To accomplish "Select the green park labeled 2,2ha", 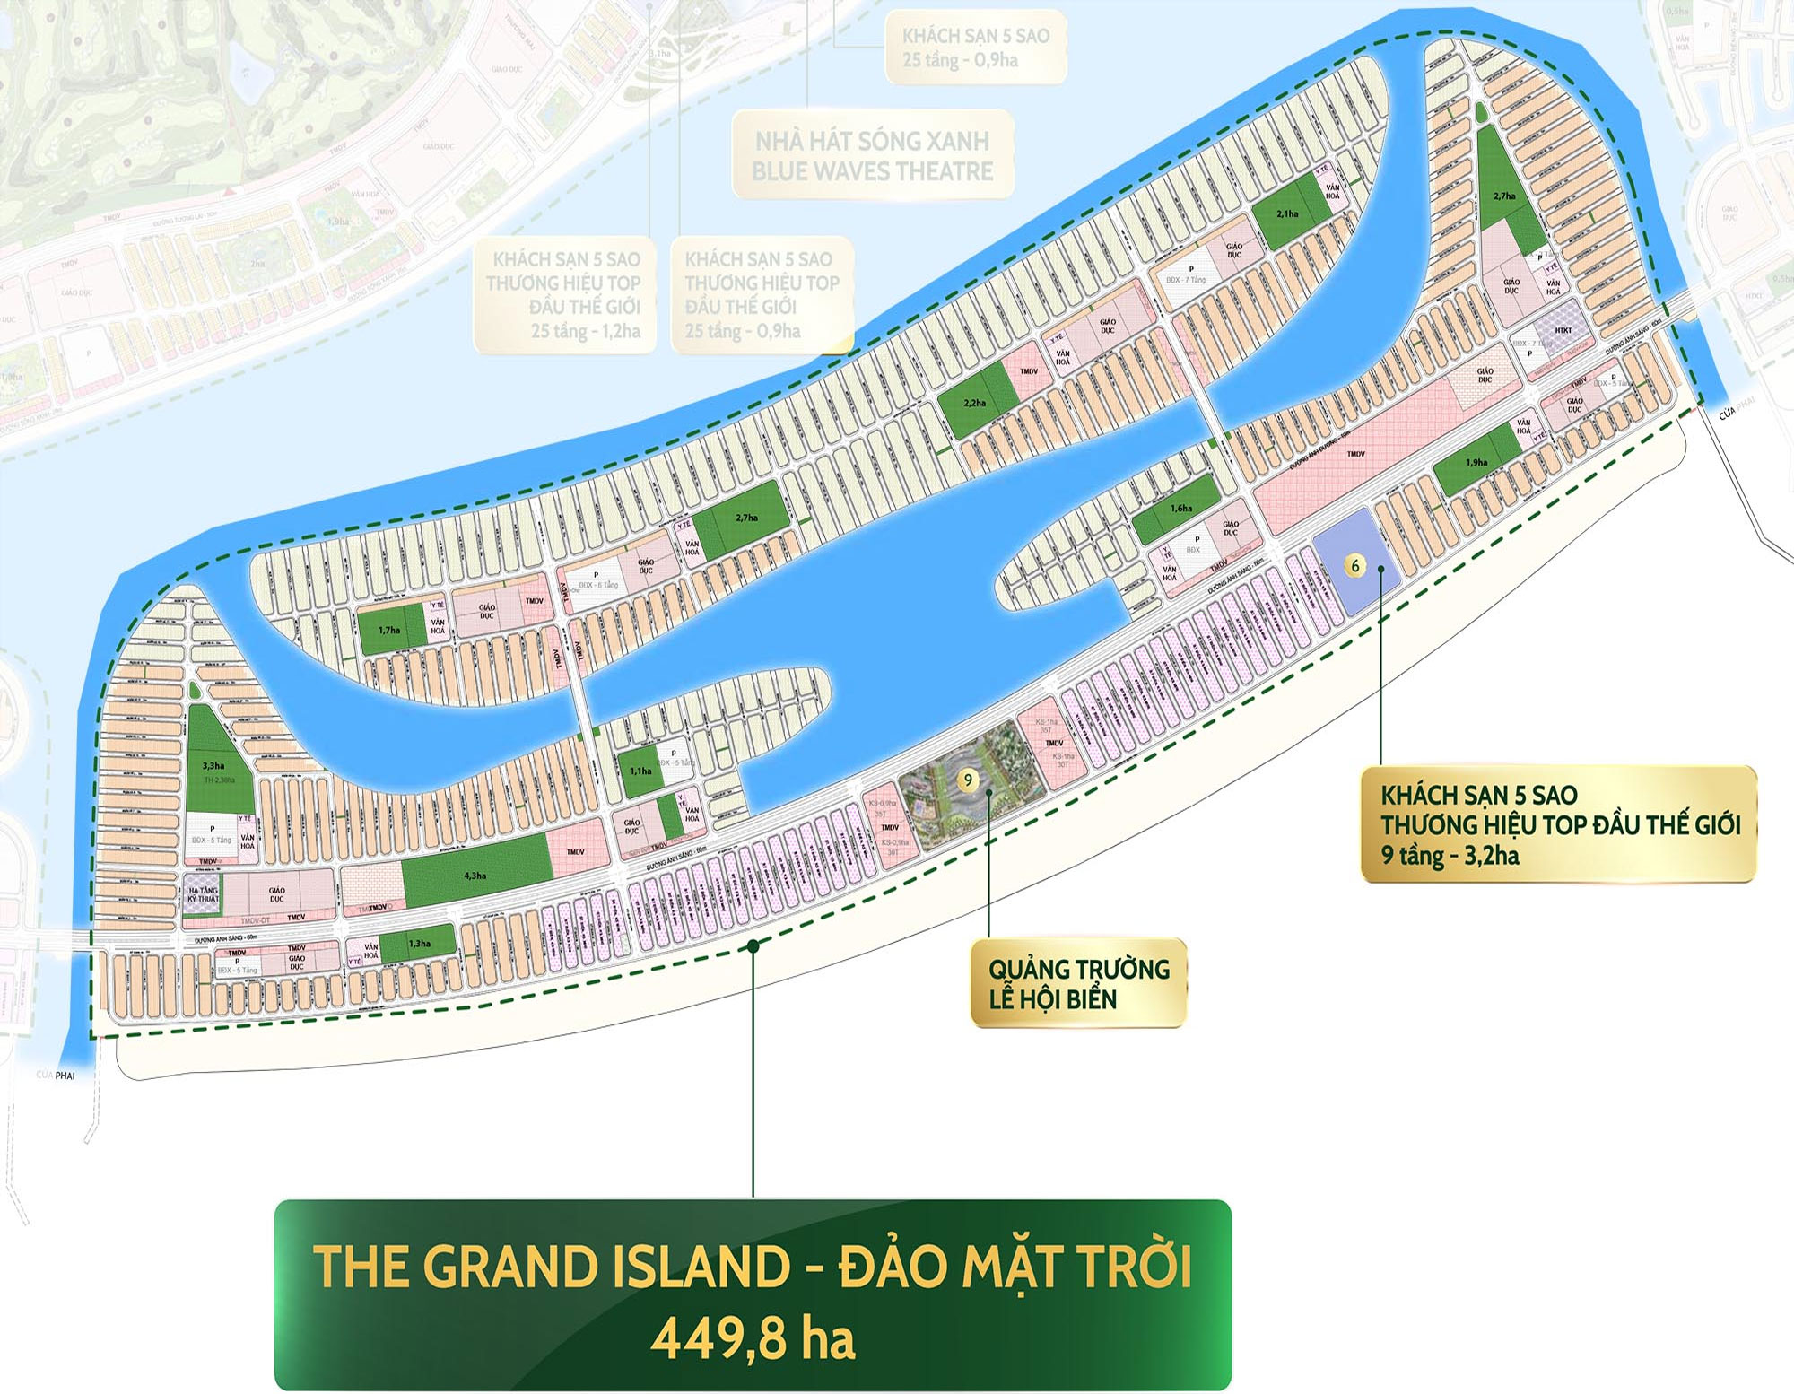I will pos(977,403).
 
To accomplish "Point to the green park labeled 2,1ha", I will pos(1289,214).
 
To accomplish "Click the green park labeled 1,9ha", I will pos(1476,463).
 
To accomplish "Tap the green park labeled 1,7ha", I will pos(390,629).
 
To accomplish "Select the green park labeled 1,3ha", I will pos(420,942).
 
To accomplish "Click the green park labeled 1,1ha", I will pos(640,771).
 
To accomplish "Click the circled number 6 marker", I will pos(1355,565).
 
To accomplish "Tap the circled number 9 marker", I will pos(967,780).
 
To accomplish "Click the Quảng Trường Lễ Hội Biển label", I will pos(1078,983).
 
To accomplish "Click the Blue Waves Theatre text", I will pos(872,171).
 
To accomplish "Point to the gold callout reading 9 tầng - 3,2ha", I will pos(1450,855).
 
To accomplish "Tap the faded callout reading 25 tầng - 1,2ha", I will pos(586,331).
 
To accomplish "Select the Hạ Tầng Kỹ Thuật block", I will pos(203,894).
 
